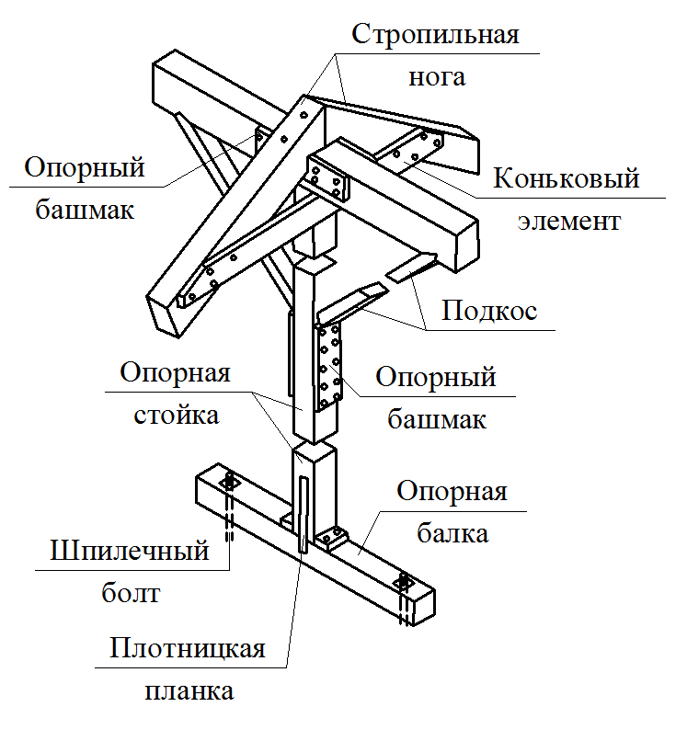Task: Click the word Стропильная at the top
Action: (436, 36)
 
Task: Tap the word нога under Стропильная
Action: (437, 76)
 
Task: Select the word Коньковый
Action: (566, 177)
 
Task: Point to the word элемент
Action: (567, 221)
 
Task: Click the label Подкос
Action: (488, 311)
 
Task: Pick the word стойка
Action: (177, 415)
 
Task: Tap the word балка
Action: (452, 531)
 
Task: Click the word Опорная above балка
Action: (452, 491)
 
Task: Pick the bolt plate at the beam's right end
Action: (403, 583)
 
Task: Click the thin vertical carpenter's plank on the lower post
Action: (303, 515)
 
